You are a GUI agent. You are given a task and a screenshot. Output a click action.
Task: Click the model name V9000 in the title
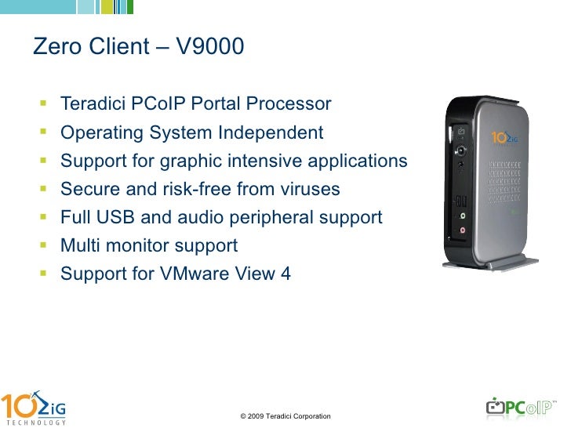point(210,48)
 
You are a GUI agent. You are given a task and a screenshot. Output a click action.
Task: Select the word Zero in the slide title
point(53,48)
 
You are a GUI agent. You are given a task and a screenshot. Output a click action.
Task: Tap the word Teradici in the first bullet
point(91,104)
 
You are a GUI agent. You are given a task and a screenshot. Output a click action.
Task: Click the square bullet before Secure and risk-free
point(42,190)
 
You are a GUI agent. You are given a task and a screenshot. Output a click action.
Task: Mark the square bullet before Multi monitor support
point(42,246)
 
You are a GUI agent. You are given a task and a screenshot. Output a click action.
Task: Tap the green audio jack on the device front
point(462,214)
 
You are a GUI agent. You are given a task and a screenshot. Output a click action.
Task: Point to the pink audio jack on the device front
point(462,230)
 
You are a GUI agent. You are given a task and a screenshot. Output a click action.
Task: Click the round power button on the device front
point(462,148)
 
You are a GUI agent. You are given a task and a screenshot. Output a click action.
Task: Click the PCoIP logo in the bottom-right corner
point(521,408)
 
